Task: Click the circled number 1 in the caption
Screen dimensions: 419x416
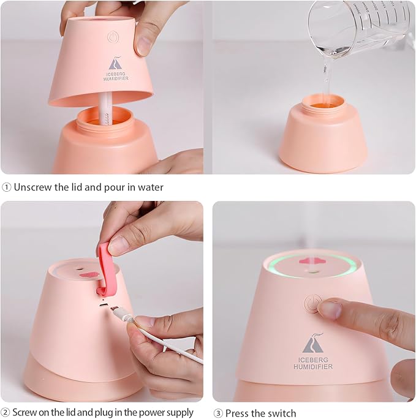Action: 7,187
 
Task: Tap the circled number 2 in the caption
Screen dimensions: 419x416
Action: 6,412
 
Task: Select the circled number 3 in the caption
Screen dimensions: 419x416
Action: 217,412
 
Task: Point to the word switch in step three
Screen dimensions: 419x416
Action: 281,412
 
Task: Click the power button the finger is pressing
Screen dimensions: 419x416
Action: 313,303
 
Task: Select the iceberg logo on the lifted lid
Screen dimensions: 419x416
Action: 115,63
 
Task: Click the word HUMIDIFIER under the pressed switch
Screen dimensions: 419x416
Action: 316,366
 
